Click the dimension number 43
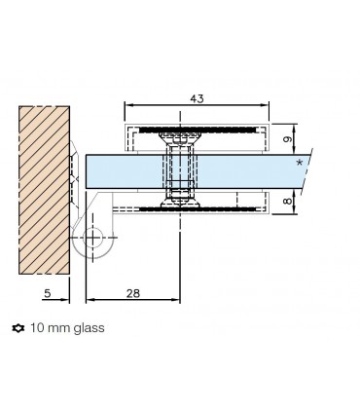[197, 98]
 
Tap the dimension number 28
[133, 293]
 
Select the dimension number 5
[48, 293]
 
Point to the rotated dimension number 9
[288, 139]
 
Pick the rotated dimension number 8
[288, 201]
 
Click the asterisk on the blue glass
[300, 163]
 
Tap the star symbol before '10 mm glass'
[18, 328]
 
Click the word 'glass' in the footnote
[89, 328]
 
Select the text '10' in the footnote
[37, 328]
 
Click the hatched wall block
[44, 190]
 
